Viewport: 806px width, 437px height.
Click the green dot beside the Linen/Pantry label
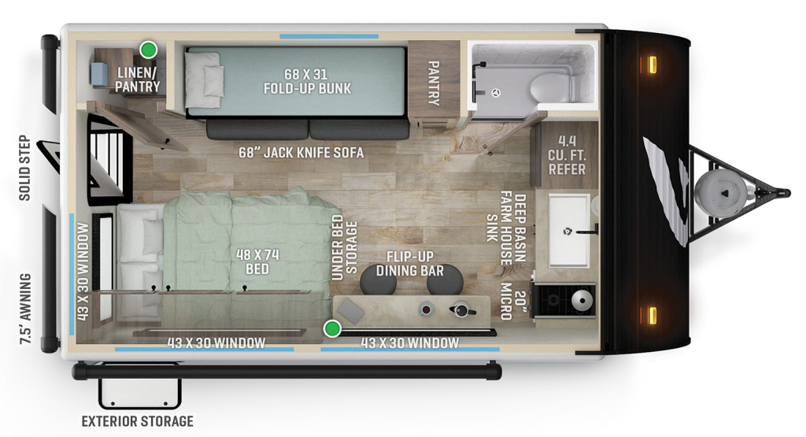pyautogui.click(x=147, y=50)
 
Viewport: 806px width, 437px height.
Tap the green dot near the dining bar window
pyautogui.click(x=333, y=328)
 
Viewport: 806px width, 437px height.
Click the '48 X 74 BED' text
pyautogui.click(x=257, y=261)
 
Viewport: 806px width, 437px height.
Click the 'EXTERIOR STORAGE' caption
pyautogui.click(x=138, y=420)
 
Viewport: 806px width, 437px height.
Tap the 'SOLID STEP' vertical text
pyautogui.click(x=24, y=169)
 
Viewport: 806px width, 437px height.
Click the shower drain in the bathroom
pyautogui.click(x=497, y=93)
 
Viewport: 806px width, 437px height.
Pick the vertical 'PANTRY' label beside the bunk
pyautogui.click(x=433, y=83)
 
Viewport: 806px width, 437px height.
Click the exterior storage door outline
pyautogui.click(x=139, y=392)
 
